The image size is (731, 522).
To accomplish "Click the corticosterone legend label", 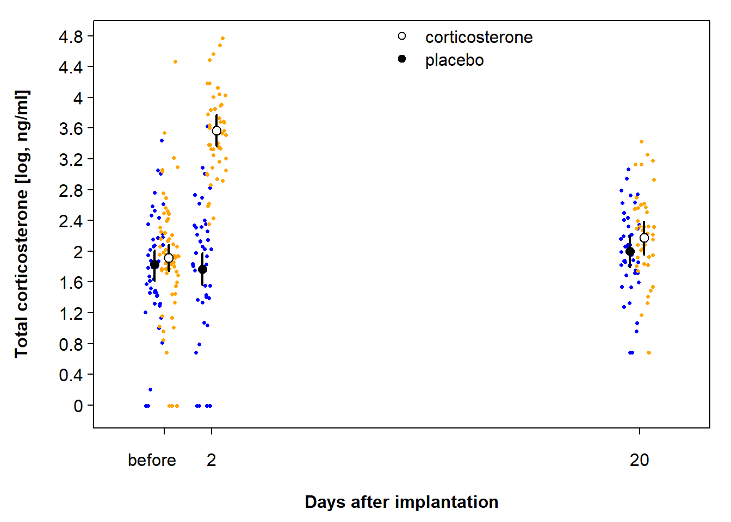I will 479,38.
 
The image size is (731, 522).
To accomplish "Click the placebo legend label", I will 454,60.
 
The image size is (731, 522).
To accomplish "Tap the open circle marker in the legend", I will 402,36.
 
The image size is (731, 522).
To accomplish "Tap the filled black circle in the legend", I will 402,59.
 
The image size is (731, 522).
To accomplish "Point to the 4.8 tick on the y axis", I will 71,37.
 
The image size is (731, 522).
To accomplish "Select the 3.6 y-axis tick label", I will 71,129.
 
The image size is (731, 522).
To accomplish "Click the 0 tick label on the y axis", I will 78,406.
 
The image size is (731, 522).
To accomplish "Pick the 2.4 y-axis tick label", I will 71,221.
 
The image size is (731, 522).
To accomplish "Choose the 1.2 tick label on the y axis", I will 71,314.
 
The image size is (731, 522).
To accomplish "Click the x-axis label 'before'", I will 152,461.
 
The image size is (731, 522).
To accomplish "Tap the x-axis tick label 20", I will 639,461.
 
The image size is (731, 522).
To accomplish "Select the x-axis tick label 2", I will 212,461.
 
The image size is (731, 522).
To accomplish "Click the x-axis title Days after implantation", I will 401,502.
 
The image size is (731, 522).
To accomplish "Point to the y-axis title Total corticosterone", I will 21,224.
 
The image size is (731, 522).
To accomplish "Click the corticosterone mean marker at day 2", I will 216,130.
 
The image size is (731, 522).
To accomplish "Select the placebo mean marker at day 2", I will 202,269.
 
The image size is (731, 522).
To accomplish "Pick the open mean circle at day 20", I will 644,238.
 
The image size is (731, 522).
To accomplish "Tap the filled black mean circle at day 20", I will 630,252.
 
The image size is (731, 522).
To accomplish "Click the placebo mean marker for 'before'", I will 154,265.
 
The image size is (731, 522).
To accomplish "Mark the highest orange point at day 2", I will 222,39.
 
